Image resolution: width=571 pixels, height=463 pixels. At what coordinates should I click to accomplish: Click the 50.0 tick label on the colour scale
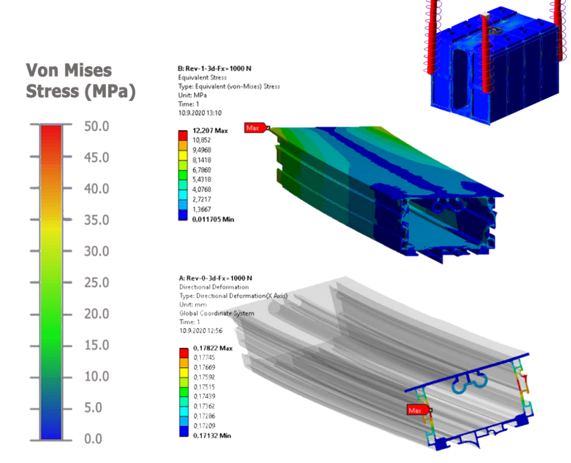click(96, 126)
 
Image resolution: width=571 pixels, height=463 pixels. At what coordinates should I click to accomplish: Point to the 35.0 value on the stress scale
click(96, 220)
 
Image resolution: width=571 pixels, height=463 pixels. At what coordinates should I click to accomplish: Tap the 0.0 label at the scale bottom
click(93, 438)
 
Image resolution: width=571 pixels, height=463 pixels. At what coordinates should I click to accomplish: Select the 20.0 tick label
click(96, 314)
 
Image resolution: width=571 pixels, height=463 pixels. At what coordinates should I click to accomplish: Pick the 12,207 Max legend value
click(210, 131)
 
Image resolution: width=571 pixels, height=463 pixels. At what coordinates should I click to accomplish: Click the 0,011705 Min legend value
click(213, 220)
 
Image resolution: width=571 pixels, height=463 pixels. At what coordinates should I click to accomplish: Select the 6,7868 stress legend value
click(202, 170)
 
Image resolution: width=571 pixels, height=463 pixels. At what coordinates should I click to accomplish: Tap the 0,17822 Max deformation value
click(213, 348)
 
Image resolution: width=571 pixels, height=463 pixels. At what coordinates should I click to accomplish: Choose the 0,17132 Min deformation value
click(212, 436)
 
